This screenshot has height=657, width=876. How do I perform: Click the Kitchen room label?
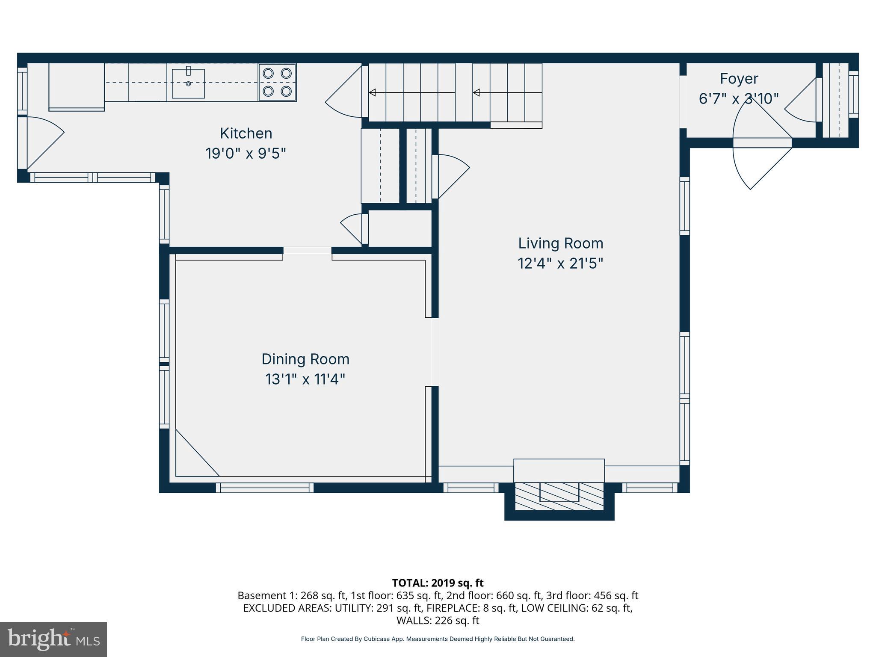tap(246, 133)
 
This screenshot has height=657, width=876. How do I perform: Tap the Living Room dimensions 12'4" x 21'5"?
tap(560, 263)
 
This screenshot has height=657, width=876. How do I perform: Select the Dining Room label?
tap(305, 359)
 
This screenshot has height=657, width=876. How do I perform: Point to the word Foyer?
tap(739, 79)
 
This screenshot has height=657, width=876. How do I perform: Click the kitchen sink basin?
tap(188, 84)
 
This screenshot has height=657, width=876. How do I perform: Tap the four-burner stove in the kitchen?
tap(277, 83)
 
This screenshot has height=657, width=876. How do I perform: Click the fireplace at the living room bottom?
tap(559, 496)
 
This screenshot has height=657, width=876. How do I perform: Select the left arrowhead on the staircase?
tap(373, 92)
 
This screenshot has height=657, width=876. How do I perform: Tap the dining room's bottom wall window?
tap(264, 488)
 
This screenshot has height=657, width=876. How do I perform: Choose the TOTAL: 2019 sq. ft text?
tap(438, 583)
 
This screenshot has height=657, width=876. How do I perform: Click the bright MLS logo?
tap(53, 639)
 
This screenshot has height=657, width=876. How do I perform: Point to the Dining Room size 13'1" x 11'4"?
tap(305, 379)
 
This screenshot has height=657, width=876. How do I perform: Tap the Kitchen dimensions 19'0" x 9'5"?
tap(246, 154)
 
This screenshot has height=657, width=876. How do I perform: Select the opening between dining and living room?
tap(435, 352)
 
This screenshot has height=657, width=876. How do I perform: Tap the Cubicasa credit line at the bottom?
tap(438, 639)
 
